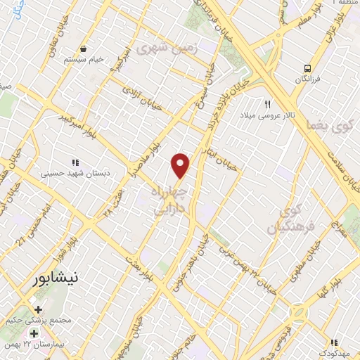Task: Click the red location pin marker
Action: [181, 165]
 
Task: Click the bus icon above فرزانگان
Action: [307, 68]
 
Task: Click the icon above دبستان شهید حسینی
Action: [75, 160]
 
